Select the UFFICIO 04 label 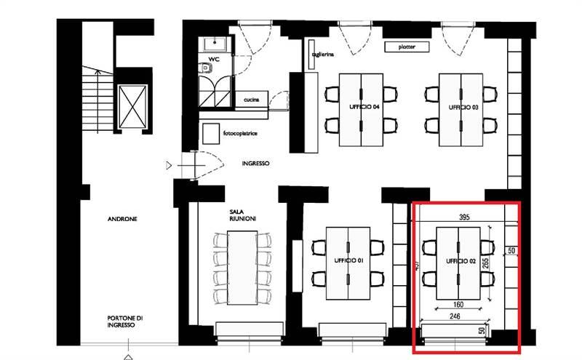click(x=362, y=107)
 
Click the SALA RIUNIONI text click(x=240, y=215)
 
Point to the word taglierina click(x=322, y=54)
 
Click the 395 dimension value click(x=464, y=217)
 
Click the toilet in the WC click(x=207, y=68)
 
